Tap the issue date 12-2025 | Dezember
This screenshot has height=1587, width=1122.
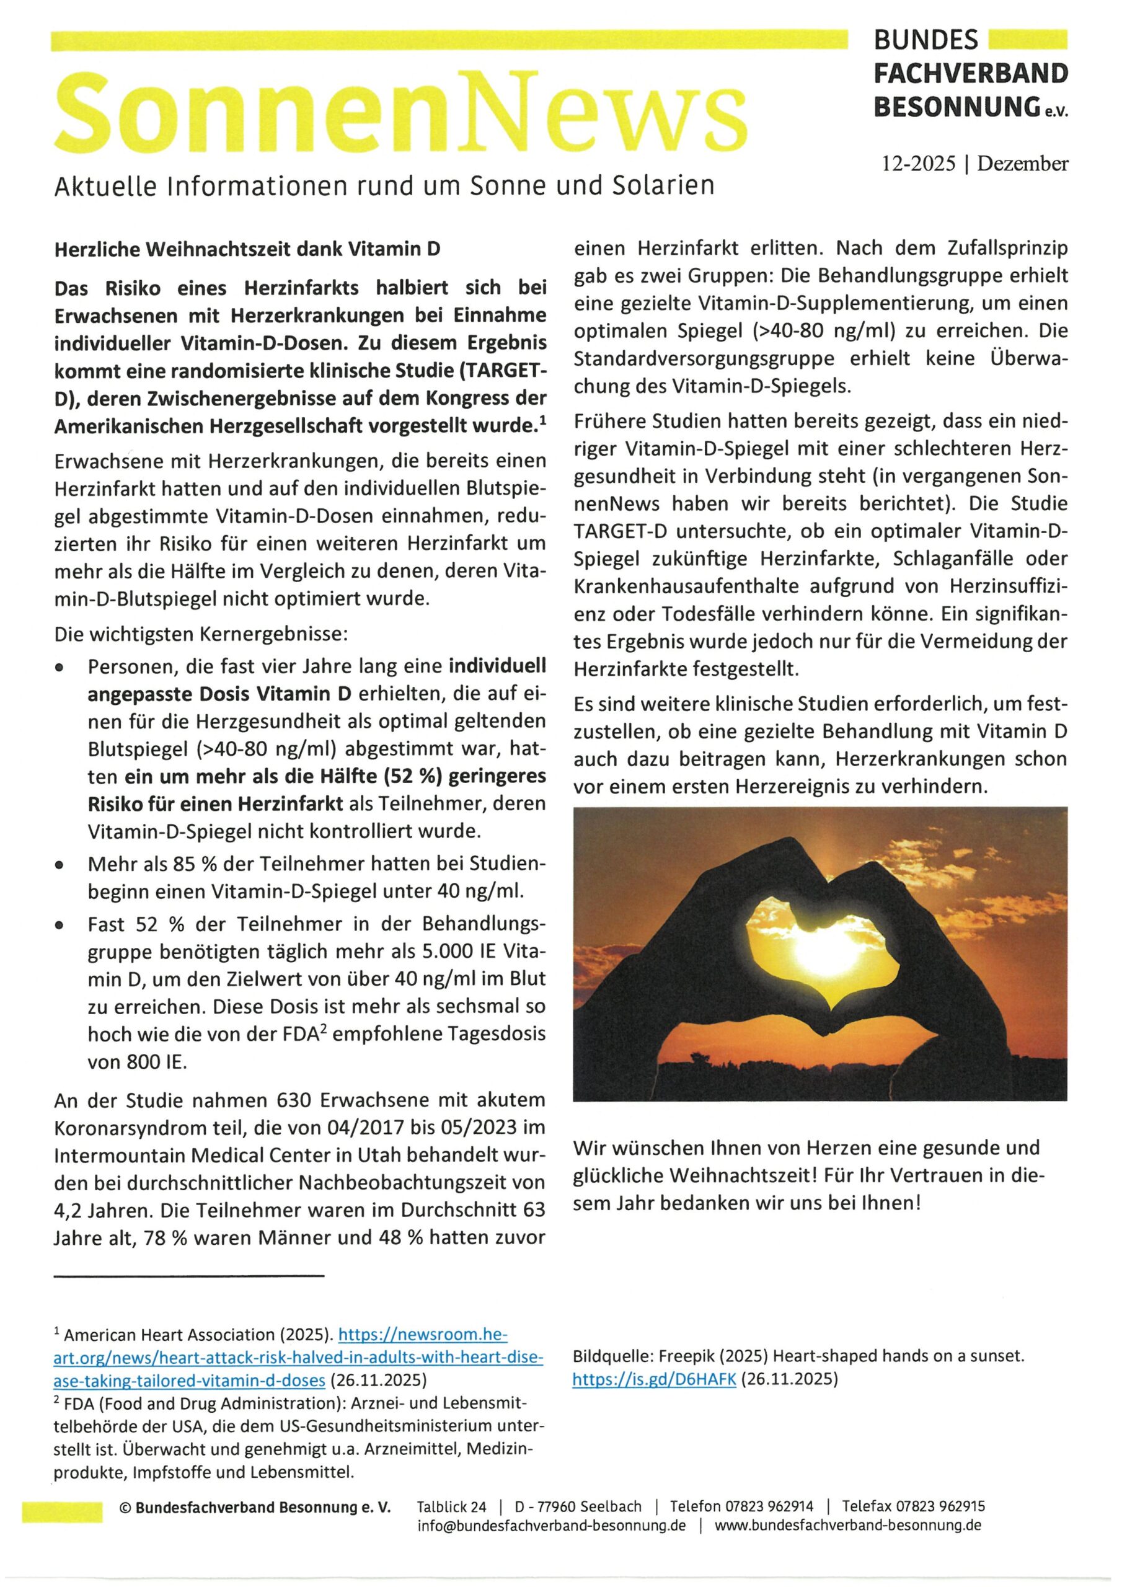[974, 164]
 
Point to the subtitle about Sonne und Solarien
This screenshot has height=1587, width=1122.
[384, 186]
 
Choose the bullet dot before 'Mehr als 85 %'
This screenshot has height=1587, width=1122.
[61, 865]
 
